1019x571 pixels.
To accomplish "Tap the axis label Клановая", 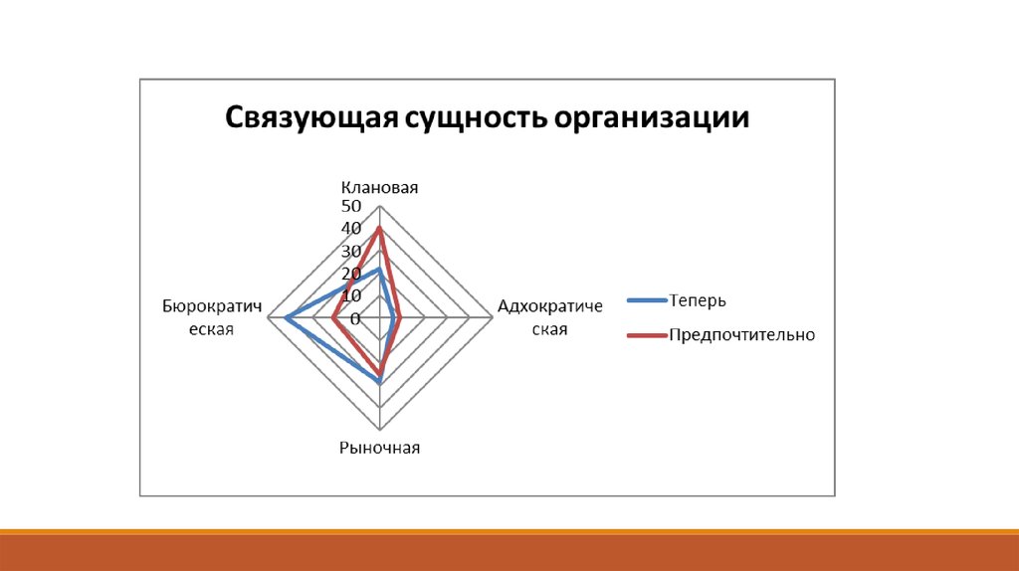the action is (379, 188).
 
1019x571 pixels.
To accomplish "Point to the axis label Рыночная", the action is (379, 448).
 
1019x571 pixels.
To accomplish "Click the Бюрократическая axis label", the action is (212, 317).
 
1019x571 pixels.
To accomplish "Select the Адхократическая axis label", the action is (549, 317).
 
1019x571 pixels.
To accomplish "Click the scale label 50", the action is (351, 207).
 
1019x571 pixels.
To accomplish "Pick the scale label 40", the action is (351, 229).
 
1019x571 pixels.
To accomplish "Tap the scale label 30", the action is (351, 252).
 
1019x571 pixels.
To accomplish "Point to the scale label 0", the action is (355, 319).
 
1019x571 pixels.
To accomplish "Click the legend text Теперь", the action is (698, 300).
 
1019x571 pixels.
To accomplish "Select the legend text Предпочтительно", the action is (741, 335).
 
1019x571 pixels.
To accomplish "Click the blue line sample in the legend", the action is (647, 300).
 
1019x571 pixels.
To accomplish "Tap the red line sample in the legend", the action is (647, 335).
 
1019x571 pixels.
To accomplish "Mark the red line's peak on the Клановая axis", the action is (379, 228).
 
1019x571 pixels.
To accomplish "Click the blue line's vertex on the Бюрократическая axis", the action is (287, 317).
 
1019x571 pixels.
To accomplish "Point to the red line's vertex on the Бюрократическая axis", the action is (332, 317).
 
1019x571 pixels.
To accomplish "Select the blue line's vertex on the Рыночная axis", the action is (379, 383).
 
